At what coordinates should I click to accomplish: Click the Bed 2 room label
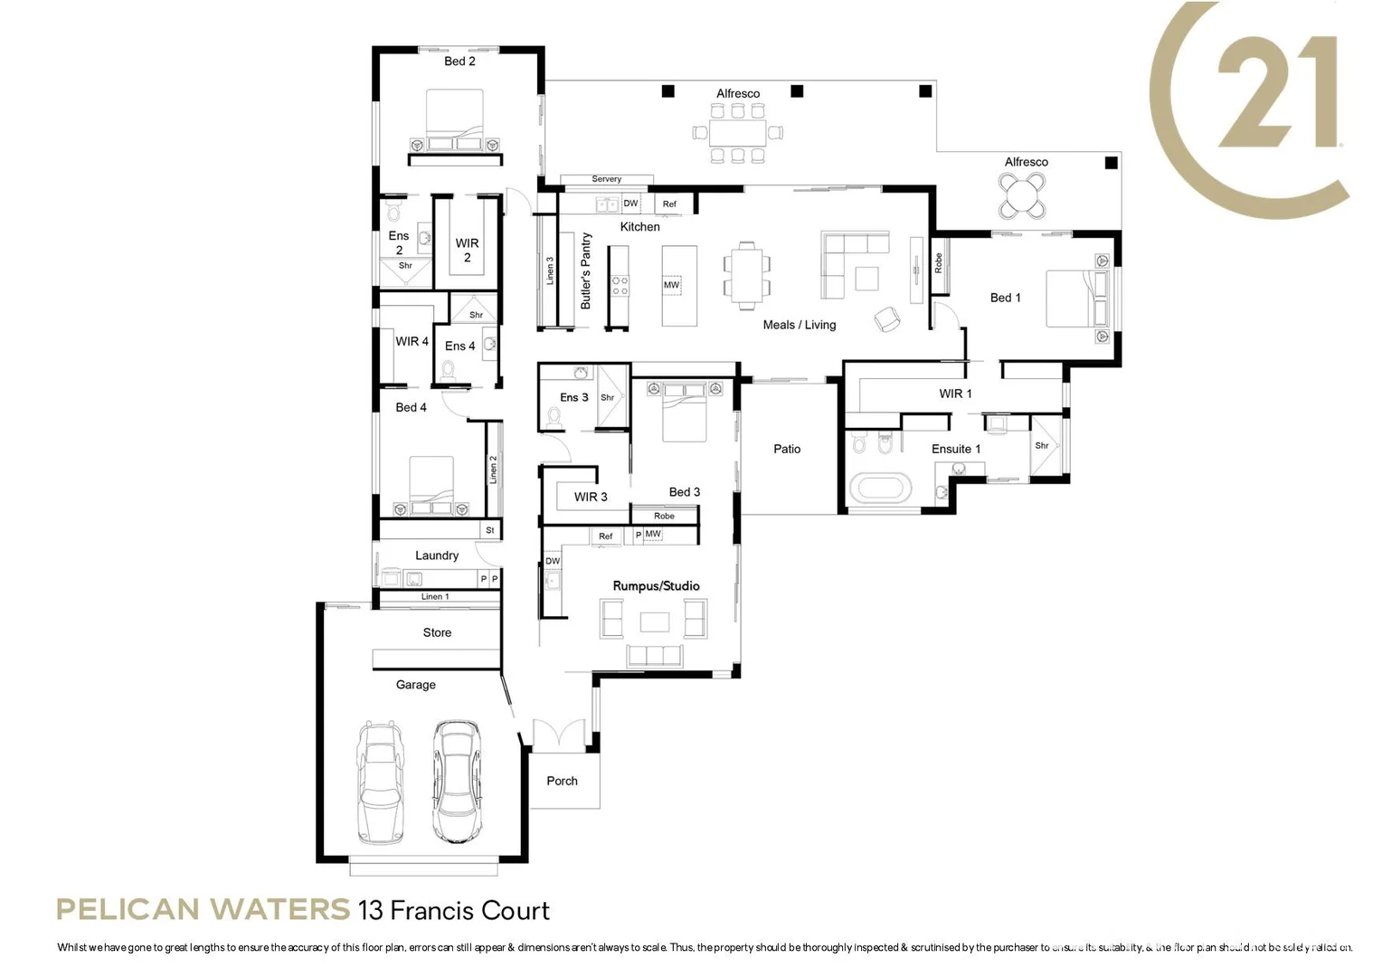point(459,62)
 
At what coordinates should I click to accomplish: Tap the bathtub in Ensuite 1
point(879,489)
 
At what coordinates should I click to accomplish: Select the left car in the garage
point(380,783)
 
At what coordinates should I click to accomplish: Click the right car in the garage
point(456,783)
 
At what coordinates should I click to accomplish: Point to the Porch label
point(562,781)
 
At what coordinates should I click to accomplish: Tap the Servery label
point(606,179)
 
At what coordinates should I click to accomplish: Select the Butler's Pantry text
point(585,271)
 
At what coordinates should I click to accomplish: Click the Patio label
point(787,449)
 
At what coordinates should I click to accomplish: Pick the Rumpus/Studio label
point(656,586)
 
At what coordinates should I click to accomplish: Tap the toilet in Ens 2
point(393,213)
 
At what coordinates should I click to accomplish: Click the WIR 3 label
point(591,497)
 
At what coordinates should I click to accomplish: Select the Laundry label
point(437,555)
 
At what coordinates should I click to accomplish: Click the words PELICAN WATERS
point(203,909)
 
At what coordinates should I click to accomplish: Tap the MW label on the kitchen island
point(671,285)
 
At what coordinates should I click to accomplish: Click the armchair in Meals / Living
point(886,318)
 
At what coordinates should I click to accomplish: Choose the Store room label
point(437,632)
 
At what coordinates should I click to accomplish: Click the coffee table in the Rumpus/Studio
point(655,621)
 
